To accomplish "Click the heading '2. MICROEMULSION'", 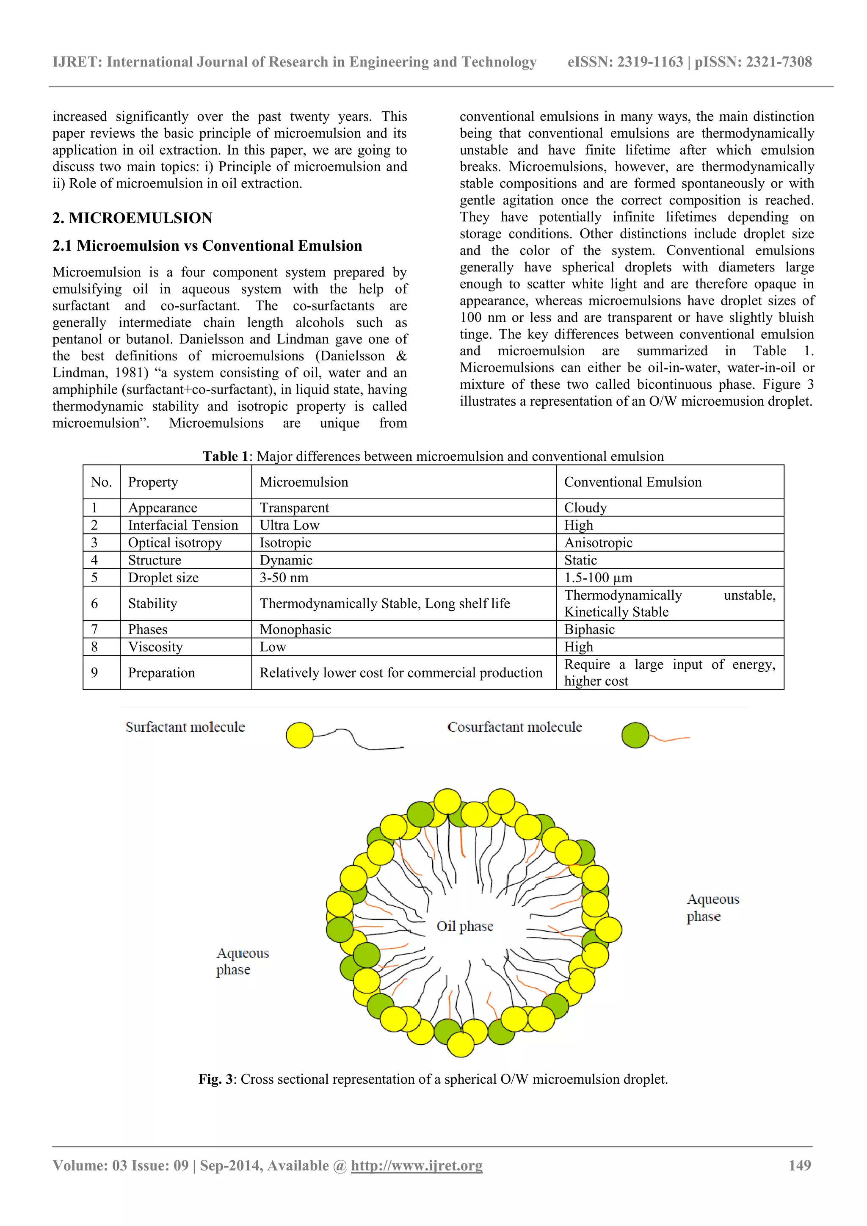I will point(133,218).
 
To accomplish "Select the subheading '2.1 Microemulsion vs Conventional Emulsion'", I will point(207,246).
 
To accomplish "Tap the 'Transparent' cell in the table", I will point(294,507).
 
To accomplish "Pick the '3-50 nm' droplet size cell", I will point(284,577).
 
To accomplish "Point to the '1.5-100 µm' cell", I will point(598,577).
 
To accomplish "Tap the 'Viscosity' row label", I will point(155,647).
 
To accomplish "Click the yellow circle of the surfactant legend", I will point(299,735).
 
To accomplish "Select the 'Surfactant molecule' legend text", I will point(185,727).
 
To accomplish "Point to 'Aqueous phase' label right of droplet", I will point(712,908).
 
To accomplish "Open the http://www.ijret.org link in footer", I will point(417,1166).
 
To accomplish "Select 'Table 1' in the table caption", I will point(225,456).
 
